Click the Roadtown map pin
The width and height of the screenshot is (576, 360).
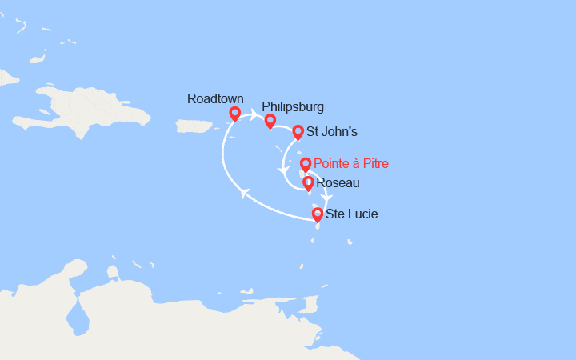coord(234,114)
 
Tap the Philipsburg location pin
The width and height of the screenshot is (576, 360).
coord(270,121)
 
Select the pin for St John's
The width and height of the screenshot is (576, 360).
coord(298,132)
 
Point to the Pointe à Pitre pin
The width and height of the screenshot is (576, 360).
coord(305,165)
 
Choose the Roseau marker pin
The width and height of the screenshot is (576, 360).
coord(309,184)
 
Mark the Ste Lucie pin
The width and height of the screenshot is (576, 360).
coord(318,214)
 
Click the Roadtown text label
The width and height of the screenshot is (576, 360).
coord(215,98)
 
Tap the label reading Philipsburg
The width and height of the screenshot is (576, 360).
coord(293,106)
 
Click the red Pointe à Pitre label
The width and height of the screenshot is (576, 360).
coord(351,163)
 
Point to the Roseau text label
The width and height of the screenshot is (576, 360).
coord(338,183)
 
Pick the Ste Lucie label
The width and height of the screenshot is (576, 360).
coord(352,214)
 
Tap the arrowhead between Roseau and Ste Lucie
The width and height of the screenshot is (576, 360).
coord(326,198)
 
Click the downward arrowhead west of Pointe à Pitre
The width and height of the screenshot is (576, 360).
coord(282,170)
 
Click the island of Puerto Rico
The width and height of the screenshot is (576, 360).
coord(192,126)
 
